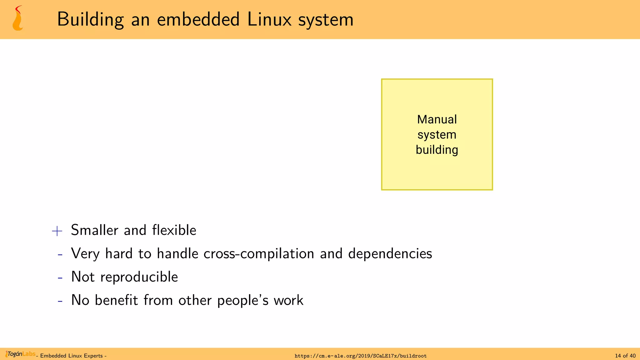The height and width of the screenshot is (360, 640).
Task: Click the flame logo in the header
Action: [x=18, y=19]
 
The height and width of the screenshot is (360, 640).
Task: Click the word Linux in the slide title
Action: [x=269, y=19]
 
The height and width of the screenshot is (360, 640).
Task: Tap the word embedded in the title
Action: [x=198, y=19]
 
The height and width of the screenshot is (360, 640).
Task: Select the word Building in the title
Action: [x=91, y=19]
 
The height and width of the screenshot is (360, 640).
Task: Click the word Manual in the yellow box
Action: [x=437, y=119]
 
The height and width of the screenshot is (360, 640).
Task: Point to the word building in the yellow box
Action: [x=437, y=150]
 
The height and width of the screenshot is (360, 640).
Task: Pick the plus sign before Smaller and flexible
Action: [x=57, y=231]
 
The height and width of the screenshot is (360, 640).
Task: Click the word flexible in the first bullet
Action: [x=174, y=230]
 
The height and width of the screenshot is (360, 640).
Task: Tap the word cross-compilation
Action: [x=259, y=253]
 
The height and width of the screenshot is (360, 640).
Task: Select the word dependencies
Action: [x=390, y=253]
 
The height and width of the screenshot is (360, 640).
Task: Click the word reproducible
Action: [x=139, y=277]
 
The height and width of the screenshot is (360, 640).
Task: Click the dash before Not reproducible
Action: [x=60, y=277]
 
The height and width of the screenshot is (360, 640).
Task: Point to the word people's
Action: [x=243, y=300]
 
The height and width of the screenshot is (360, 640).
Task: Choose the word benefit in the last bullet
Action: [x=116, y=300]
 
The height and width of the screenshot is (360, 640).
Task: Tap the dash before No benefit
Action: [x=60, y=301]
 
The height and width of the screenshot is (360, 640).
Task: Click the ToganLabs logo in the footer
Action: [x=20, y=354]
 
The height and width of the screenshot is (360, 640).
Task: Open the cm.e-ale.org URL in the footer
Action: [x=360, y=356]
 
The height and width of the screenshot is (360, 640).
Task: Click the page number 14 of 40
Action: [x=625, y=356]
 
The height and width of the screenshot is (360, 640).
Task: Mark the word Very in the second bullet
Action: [x=85, y=253]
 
